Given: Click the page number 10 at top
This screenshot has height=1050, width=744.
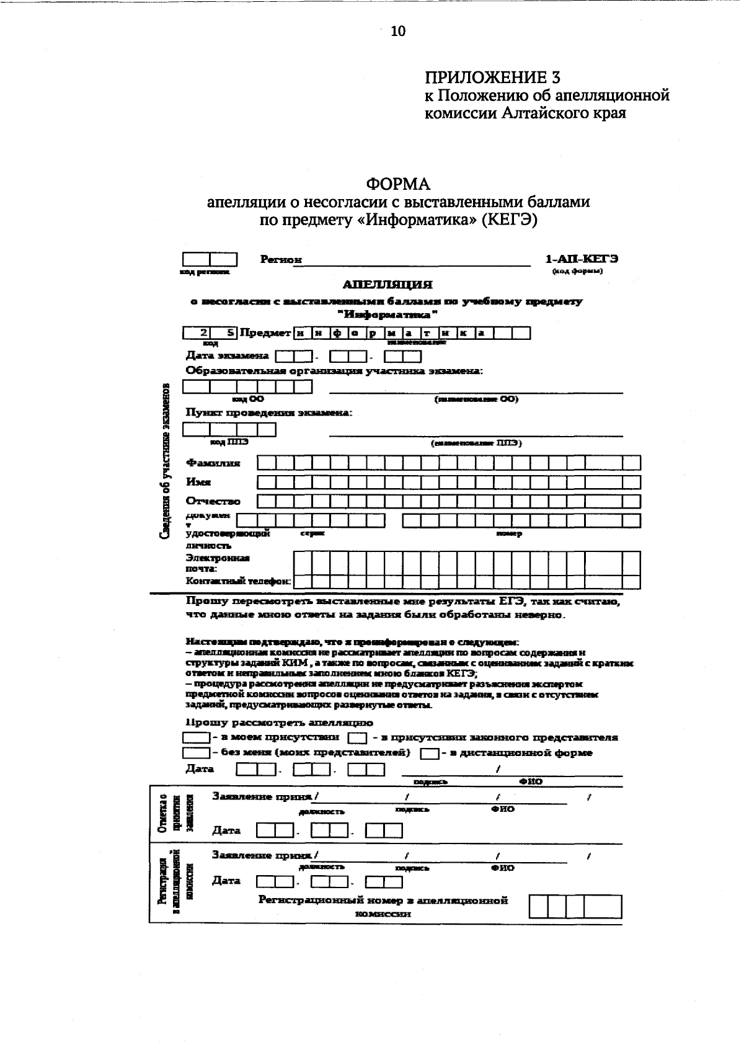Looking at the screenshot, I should coord(397,31).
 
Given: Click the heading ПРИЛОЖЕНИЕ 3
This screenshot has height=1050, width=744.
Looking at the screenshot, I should coord(492,78).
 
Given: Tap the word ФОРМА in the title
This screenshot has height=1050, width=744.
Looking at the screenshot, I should coord(397,184).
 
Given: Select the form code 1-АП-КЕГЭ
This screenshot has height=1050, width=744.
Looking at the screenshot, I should coord(581,259).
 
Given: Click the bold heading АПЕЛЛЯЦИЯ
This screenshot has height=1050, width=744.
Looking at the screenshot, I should coord(387,285).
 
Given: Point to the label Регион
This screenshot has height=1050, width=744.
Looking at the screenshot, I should coord(281,260).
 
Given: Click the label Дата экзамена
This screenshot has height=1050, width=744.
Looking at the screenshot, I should coord(227,356).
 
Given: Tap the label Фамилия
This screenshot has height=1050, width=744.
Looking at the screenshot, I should coord(213,463).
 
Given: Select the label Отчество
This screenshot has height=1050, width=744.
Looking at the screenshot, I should coord(213,501).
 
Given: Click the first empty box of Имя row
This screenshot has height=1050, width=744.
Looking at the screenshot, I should coord(266,482).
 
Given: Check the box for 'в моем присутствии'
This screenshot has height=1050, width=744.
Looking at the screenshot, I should coord(196,738).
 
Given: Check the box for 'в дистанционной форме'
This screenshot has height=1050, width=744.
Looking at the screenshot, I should coord(430,754).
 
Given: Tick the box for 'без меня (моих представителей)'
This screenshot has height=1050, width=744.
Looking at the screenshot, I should coord(196,753).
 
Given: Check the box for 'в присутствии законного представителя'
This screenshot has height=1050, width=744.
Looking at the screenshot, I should coord(357,738).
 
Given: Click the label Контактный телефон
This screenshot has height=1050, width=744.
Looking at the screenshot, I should coord(238,582).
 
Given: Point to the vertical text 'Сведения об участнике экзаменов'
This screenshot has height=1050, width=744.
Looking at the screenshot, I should coord(166,462).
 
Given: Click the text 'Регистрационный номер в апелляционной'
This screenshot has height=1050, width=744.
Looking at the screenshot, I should coord(383,900).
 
